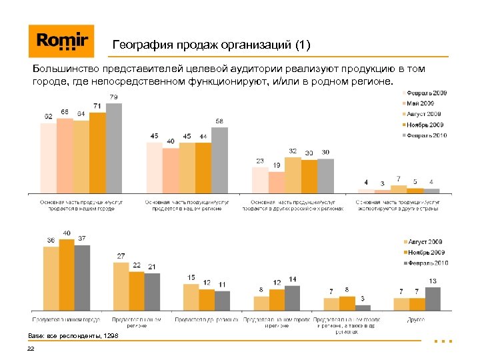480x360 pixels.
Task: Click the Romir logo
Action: [x=61, y=41]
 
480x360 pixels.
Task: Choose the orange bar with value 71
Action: [x=97, y=153]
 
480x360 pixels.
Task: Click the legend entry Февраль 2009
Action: [x=427, y=92]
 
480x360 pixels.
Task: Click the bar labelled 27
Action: [x=121, y=286]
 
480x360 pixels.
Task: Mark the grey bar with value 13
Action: [x=433, y=299]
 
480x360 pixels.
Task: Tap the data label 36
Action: [x=51, y=240]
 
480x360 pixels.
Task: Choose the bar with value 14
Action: [x=293, y=297]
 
